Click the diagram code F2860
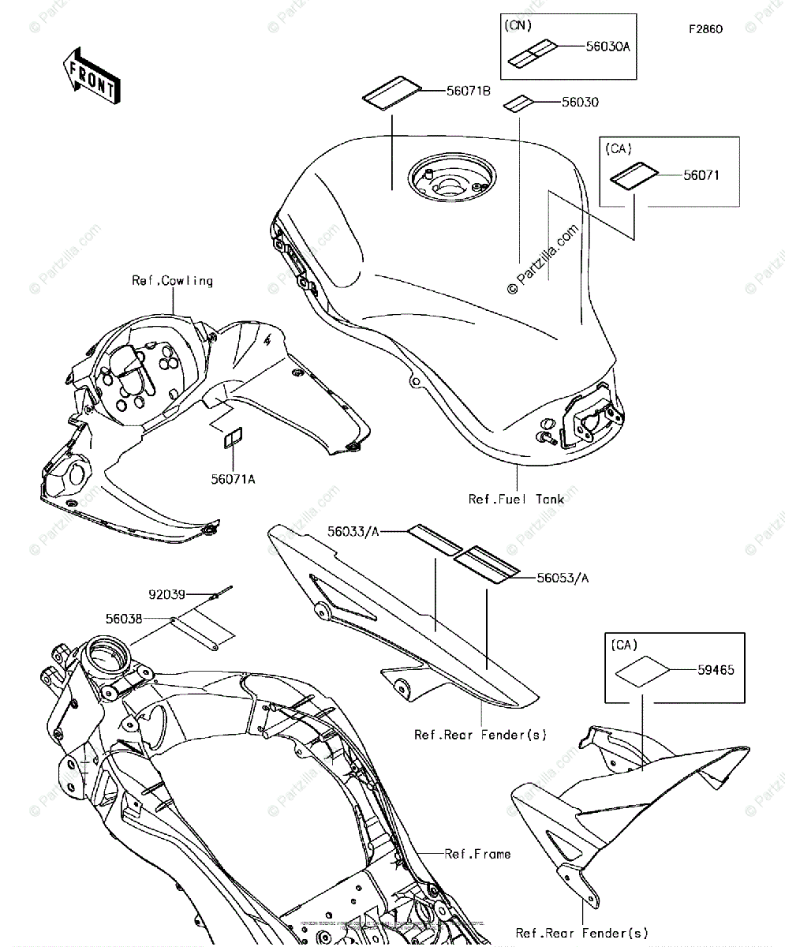705,29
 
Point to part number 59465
716,670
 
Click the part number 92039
166,593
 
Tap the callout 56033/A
353,533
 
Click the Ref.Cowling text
172,280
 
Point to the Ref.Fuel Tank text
517,499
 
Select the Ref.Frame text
477,854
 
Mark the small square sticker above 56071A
232,438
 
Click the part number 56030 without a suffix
580,103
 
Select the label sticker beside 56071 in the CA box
634,175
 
